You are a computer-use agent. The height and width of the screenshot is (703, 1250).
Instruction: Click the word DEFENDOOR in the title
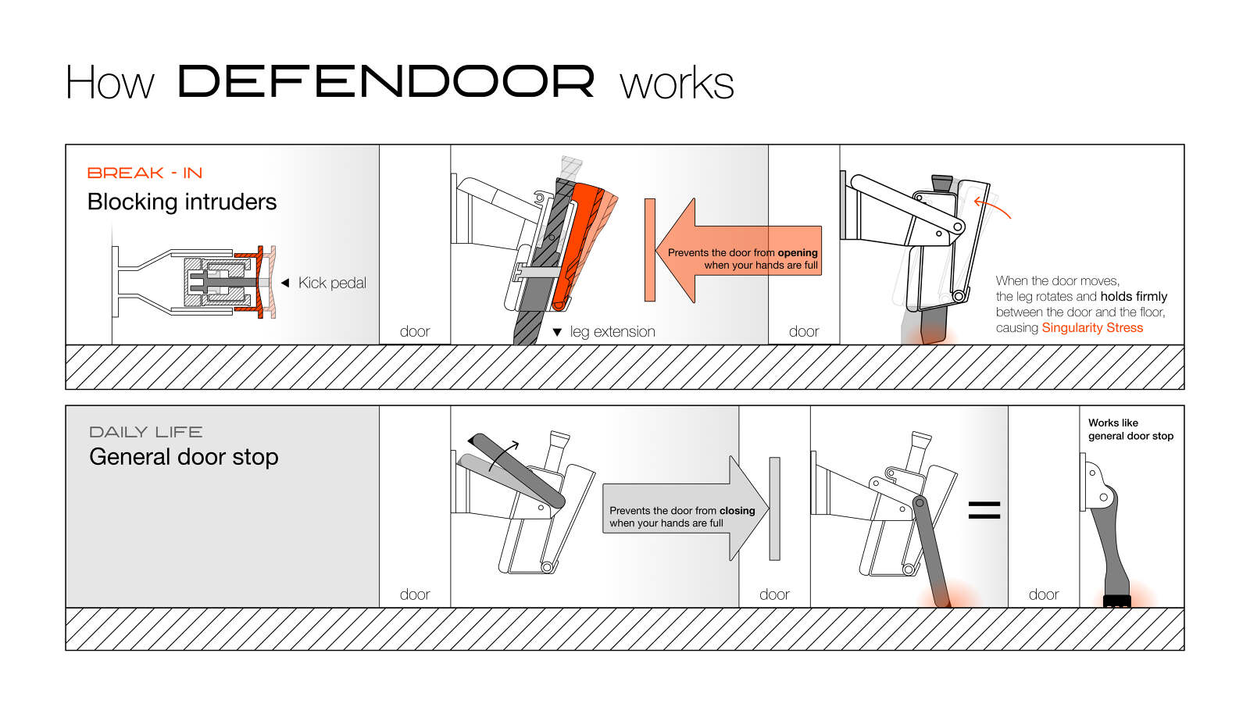pyautogui.click(x=386, y=81)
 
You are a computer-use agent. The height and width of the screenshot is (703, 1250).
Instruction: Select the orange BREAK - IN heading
pyautogui.click(x=145, y=173)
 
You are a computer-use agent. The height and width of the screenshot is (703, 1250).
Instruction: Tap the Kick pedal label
pyautogui.click(x=332, y=283)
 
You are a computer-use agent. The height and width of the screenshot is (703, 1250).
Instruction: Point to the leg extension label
pyautogui.click(x=612, y=332)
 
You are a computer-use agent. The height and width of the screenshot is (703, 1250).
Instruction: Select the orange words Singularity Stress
pyautogui.click(x=1092, y=328)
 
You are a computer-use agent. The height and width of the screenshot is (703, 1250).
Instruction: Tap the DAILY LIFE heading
pyautogui.click(x=146, y=432)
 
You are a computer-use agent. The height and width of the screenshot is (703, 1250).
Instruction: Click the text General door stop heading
pyautogui.click(x=184, y=457)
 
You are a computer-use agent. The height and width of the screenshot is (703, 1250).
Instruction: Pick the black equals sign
pyautogui.click(x=984, y=511)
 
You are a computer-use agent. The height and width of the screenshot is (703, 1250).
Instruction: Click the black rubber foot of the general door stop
pyautogui.click(x=1117, y=601)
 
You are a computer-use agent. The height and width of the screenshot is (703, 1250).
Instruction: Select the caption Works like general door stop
pyautogui.click(x=1130, y=430)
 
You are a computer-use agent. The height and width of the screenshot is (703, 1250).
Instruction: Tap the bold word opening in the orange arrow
pyautogui.click(x=798, y=253)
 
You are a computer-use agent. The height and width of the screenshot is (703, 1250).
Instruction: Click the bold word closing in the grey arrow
pyautogui.click(x=737, y=511)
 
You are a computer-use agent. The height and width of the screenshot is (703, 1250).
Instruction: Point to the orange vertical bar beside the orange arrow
pyautogui.click(x=649, y=250)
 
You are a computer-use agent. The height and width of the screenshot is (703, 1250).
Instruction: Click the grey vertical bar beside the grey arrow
pyautogui.click(x=774, y=509)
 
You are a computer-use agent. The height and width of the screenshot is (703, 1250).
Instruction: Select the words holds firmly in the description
pyautogui.click(x=1134, y=297)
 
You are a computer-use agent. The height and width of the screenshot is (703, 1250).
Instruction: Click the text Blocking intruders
pyautogui.click(x=182, y=202)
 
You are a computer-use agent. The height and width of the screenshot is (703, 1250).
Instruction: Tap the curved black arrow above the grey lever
pyautogui.click(x=505, y=453)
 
